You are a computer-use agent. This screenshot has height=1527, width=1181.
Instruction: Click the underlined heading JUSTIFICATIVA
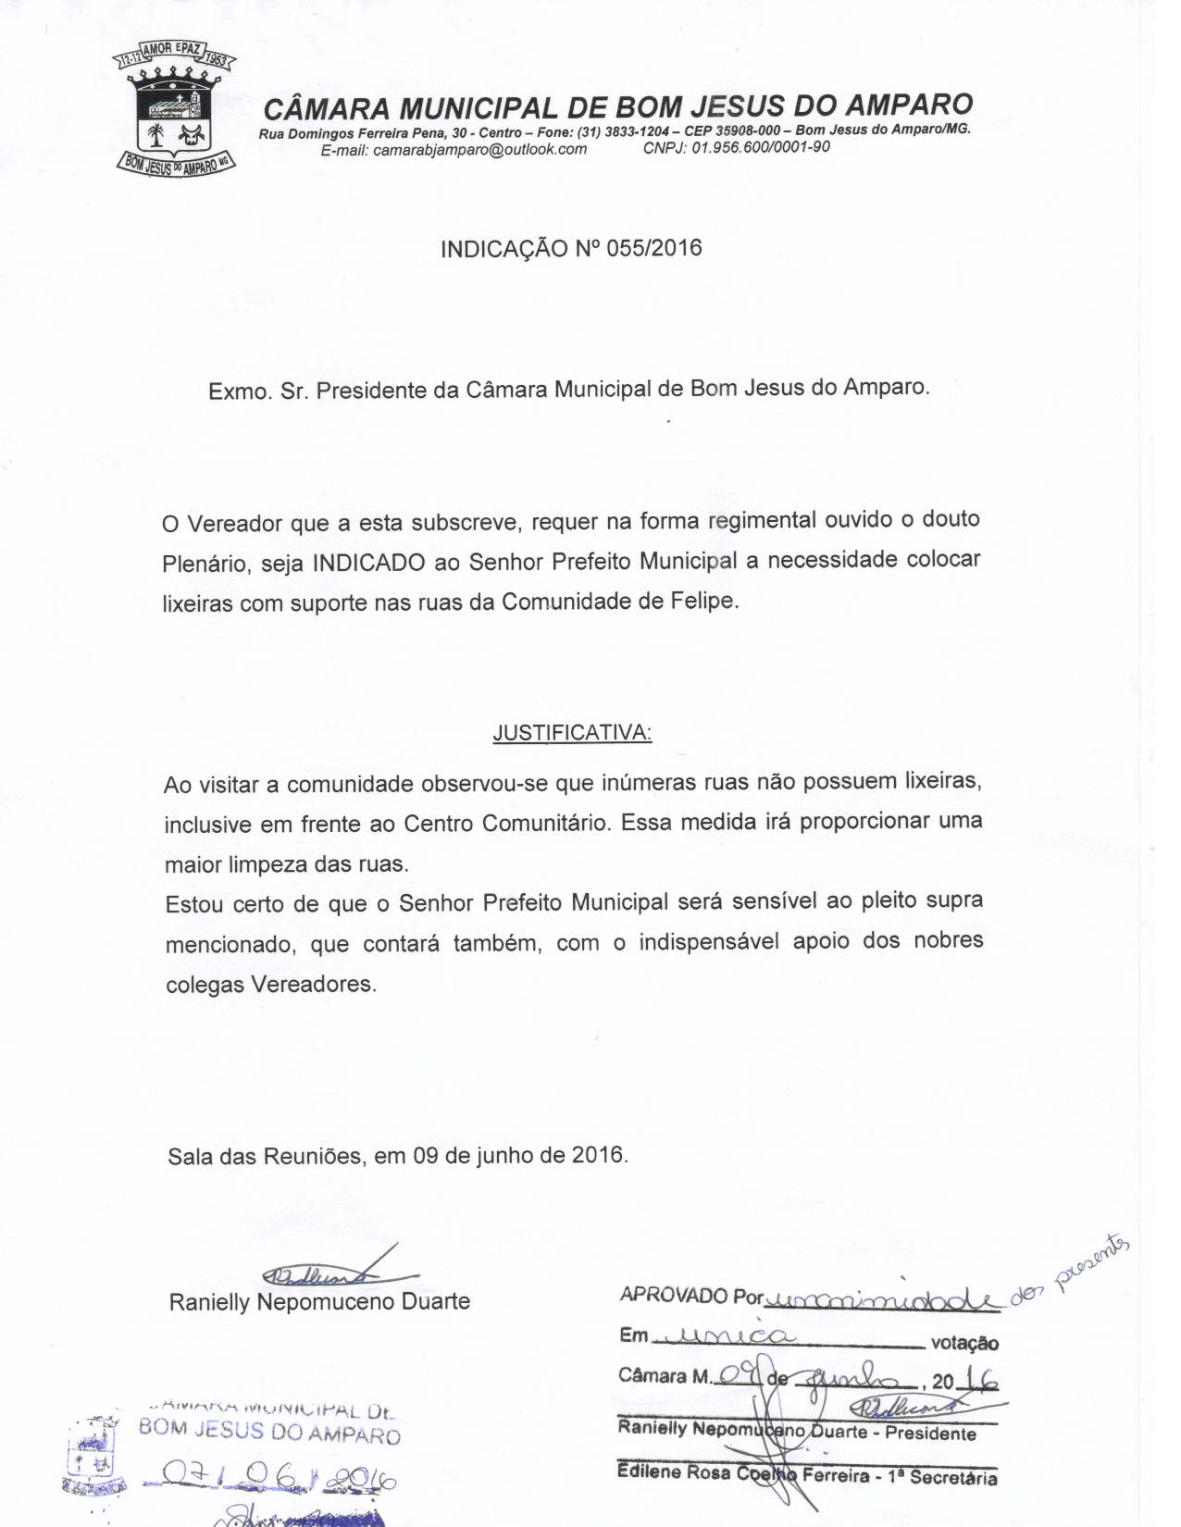coord(571,732)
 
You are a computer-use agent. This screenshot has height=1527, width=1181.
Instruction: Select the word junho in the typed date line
coord(503,1156)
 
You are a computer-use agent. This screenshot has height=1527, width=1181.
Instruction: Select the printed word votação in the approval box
coord(964,1343)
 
